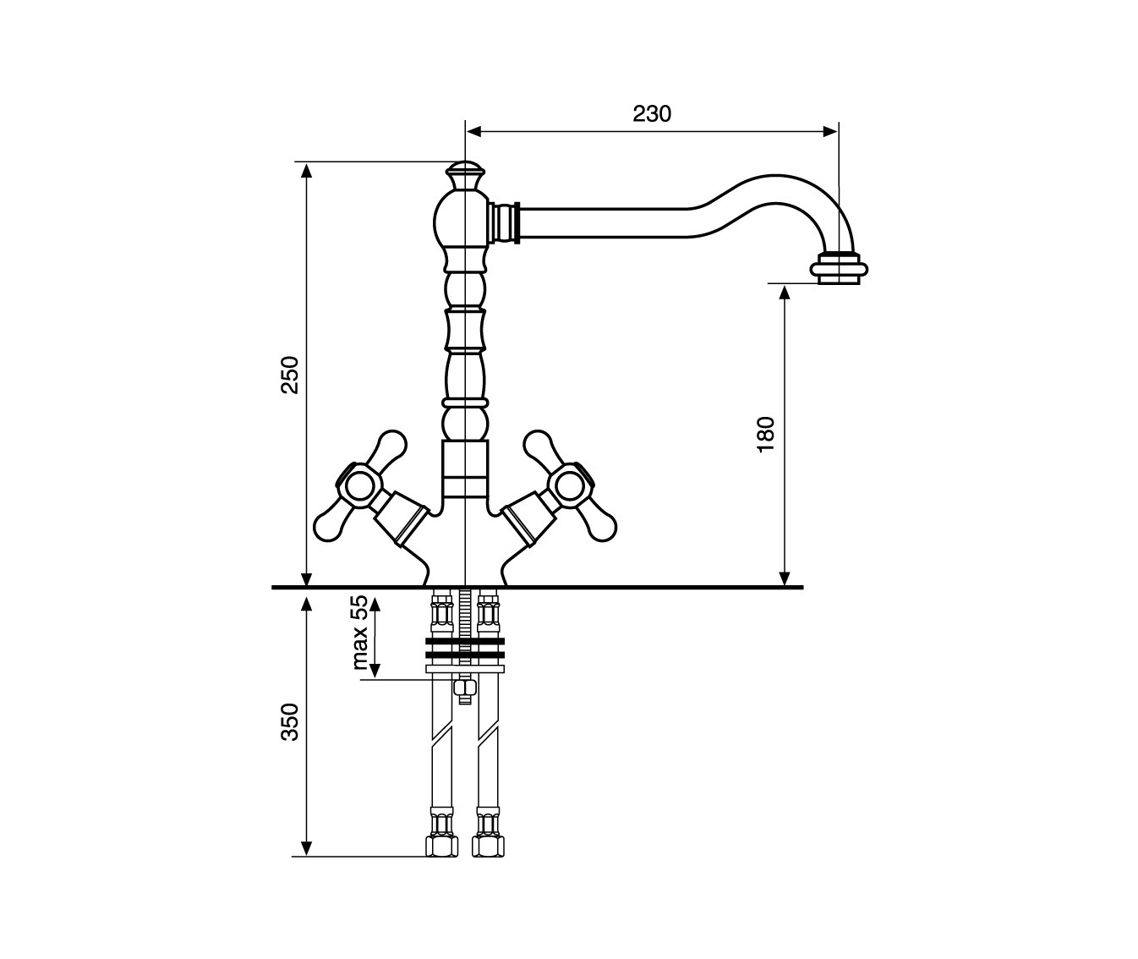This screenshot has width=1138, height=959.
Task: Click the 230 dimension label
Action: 652,114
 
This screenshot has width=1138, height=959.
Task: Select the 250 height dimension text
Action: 290,375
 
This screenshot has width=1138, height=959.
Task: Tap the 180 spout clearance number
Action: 766,434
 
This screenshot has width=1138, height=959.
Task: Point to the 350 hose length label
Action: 290,722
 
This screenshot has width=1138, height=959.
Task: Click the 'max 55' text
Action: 360,633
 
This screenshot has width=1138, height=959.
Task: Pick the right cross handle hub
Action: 570,483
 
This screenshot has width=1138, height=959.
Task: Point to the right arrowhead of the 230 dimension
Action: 830,131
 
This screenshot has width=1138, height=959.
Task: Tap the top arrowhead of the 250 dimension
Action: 307,171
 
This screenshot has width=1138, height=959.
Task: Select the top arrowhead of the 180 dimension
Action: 785,293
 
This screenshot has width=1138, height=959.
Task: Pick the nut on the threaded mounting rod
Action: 465,688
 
